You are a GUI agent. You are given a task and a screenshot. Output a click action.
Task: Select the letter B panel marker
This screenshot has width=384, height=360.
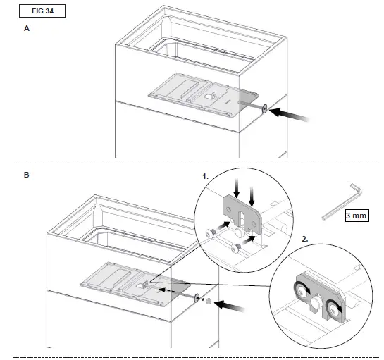[27, 174]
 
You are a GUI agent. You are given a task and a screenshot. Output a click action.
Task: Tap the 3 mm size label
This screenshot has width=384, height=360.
[357, 216]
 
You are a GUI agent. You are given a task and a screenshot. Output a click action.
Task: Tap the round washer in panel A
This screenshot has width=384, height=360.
[263, 108]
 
